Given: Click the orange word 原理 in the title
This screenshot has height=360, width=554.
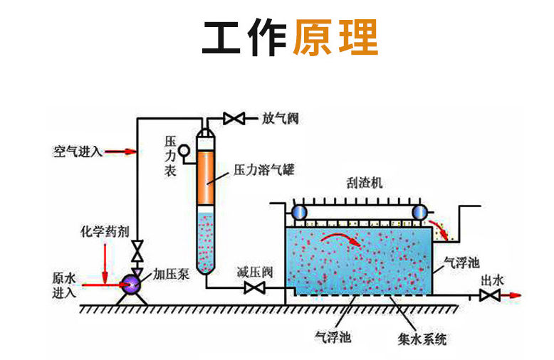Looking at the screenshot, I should tap(335, 37).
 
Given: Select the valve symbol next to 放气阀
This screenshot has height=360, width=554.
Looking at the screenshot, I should tap(234, 118).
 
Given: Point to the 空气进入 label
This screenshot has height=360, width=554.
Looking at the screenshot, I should tap(78, 152).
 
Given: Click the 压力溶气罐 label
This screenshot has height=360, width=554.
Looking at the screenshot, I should tap(264, 170).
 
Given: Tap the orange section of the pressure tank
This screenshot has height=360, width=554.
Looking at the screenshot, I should tap(205, 170).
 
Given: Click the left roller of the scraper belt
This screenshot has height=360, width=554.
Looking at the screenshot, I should tap(296, 211).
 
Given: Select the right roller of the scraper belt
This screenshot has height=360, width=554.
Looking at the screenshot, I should tap(419, 211).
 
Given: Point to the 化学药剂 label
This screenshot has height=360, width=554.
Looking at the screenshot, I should tap(105, 232).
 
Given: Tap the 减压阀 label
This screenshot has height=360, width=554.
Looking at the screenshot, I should tap(255, 272).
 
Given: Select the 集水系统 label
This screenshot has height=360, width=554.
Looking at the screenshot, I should tap(422, 340).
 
